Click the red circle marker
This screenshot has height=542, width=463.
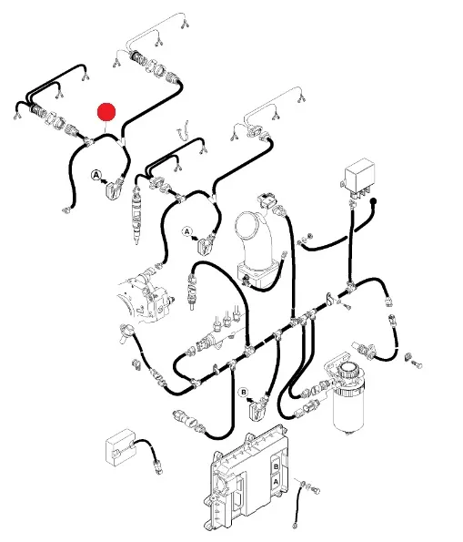[x=106, y=112]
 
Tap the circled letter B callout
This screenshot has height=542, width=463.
[x=244, y=393]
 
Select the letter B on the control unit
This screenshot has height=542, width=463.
[x=276, y=466]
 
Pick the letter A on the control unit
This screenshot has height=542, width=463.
[x=276, y=481]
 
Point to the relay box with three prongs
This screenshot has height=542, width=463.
[x=360, y=178]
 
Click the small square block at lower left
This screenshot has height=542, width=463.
[x=119, y=447]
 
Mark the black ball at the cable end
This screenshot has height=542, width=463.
[x=373, y=200]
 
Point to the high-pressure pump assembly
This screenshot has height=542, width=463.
[x=145, y=297]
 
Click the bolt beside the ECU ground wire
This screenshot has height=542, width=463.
[x=316, y=490]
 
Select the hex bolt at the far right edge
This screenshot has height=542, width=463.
[x=417, y=364]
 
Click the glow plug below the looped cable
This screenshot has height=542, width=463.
[x=191, y=290]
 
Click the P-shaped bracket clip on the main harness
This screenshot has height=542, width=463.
[x=329, y=299]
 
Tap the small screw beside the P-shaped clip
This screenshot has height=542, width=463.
[x=347, y=306]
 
